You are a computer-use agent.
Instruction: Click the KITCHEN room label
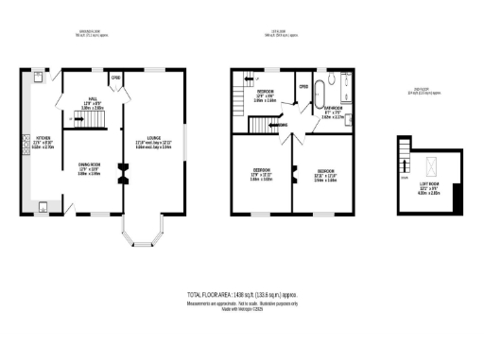(23, 143)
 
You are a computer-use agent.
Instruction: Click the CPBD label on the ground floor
(115, 78)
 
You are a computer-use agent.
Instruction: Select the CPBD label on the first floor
(303, 87)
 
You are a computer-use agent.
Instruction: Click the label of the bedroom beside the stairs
(266, 95)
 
